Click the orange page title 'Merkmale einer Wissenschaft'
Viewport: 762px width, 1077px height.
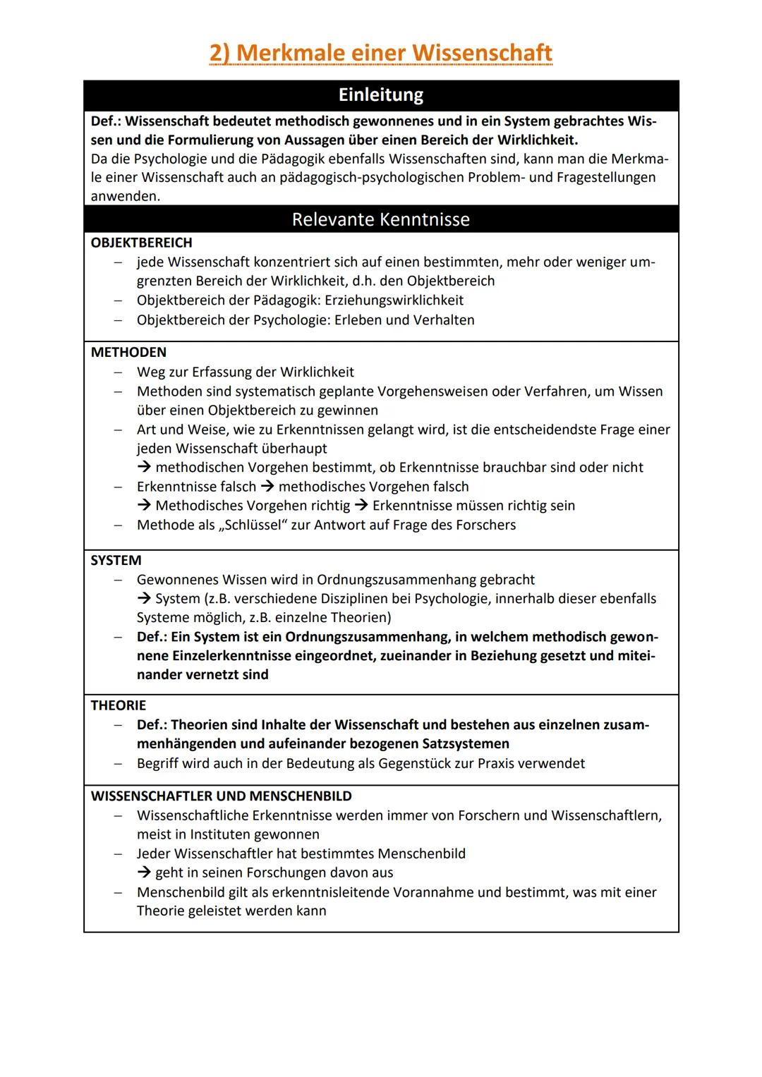tap(381, 53)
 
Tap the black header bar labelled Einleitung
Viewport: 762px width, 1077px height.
tap(381, 95)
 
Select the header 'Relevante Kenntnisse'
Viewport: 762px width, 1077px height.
tap(381, 219)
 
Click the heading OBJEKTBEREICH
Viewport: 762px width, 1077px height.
tap(141, 243)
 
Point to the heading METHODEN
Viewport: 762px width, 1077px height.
tap(128, 352)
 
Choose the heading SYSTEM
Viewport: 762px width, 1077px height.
tap(116, 560)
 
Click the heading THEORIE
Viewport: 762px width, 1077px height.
tap(119, 705)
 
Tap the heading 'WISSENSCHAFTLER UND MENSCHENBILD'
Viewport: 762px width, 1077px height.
tap(221, 796)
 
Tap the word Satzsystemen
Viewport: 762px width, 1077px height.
tap(465, 743)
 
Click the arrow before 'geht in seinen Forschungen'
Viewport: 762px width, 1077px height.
tap(144, 872)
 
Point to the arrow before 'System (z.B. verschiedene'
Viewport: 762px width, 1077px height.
tap(144, 598)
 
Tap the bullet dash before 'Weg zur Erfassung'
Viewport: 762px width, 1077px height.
tap(119, 372)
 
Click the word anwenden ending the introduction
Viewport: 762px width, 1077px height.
tap(124, 196)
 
